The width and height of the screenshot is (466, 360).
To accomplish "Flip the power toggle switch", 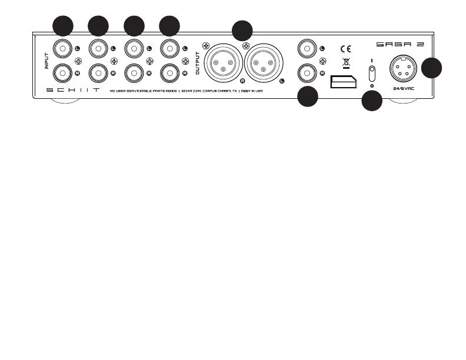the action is (372, 74).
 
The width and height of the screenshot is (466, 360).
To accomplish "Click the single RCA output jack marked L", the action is (306, 47).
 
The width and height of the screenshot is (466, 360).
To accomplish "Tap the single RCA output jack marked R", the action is (306, 72).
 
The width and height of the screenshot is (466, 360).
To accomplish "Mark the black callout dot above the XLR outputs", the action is (241, 31).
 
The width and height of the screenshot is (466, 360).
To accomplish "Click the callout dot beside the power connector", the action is (432, 68).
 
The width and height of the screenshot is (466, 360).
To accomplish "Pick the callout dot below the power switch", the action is (371, 102).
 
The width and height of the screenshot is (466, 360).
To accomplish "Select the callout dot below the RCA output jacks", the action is (307, 97).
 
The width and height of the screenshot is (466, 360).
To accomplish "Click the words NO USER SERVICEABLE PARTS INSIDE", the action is (144, 91).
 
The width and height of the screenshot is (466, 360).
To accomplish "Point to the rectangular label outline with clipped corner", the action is (344, 81).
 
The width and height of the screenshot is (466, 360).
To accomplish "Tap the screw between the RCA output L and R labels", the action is (321, 60).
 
